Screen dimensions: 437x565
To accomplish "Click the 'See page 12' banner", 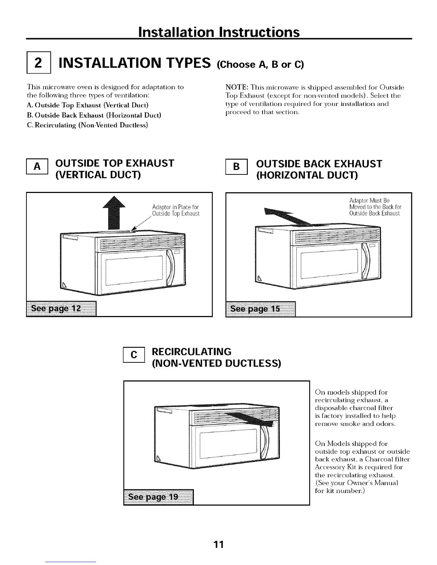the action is pyautogui.click(x=61, y=309).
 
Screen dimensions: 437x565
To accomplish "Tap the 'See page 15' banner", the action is pyautogui.click(x=261, y=309).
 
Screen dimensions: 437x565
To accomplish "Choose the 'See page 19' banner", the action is pyautogui.click(x=158, y=497).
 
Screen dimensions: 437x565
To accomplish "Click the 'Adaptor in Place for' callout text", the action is pyautogui.click(x=175, y=208).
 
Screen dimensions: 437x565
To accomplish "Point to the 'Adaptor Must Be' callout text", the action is pyautogui.click(x=369, y=200).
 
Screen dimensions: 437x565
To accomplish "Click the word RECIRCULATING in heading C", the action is pyautogui.click(x=192, y=352).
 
